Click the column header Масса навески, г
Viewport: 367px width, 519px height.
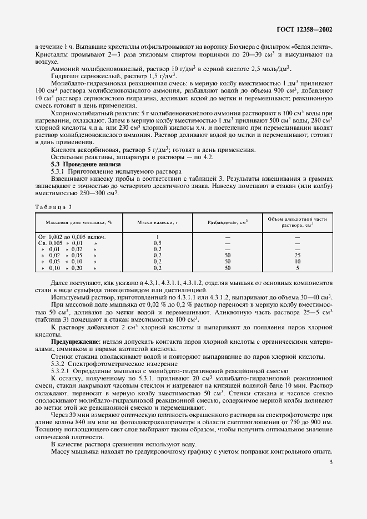(158, 222)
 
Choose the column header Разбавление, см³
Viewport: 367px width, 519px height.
(227, 222)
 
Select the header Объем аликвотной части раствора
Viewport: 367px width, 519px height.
(297, 222)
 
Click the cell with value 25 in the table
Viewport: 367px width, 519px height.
(298, 255)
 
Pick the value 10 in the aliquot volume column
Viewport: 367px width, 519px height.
(298, 261)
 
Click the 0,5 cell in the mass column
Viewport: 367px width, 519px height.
(158, 243)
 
